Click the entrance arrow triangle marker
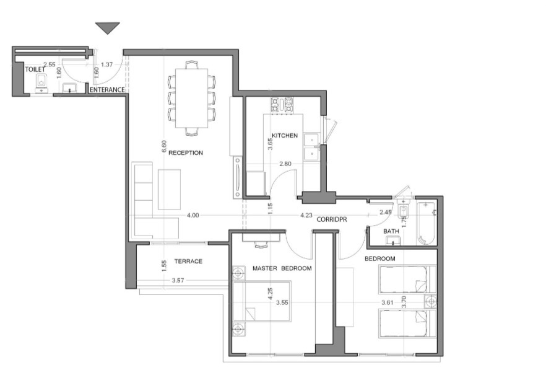(108, 28)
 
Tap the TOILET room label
(35, 69)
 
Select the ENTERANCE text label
(107, 90)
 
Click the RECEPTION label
(186, 152)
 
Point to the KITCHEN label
(285, 136)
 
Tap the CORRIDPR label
(332, 220)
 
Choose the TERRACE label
(188, 262)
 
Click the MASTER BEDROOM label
(282, 268)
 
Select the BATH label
(391, 231)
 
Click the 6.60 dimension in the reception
(165, 146)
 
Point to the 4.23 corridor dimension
(306, 215)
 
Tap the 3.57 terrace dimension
(178, 280)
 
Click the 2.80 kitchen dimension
(285, 164)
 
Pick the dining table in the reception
(192, 99)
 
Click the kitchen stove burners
(282, 105)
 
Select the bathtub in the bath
(425, 223)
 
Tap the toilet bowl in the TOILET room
(41, 82)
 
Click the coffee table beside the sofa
(169, 190)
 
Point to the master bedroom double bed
(262, 301)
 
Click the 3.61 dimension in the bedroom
(388, 302)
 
